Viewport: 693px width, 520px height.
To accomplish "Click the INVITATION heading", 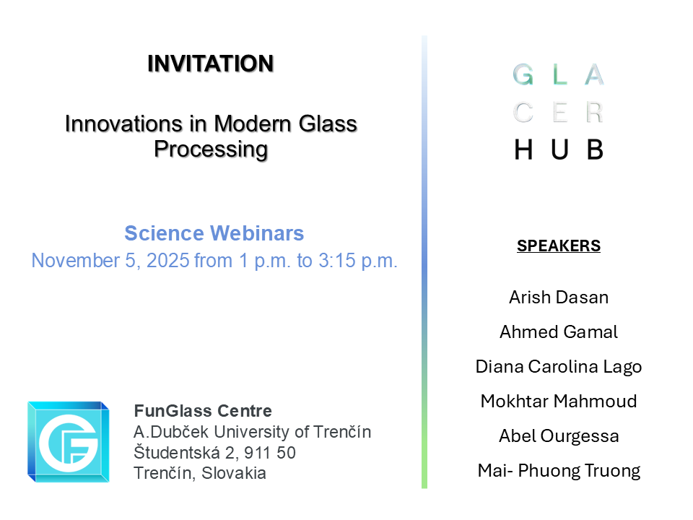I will [x=211, y=64].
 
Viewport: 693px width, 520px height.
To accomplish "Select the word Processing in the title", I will [x=211, y=149].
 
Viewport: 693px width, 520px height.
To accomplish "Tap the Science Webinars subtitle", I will [x=214, y=234].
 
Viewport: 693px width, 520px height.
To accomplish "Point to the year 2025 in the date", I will [x=168, y=261].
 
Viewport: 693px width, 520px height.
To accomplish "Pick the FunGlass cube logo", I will [x=69, y=441].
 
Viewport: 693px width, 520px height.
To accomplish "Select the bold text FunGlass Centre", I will [x=203, y=412].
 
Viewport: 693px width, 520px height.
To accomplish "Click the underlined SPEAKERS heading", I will [x=559, y=246].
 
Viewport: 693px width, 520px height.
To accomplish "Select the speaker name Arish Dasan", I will [x=559, y=298].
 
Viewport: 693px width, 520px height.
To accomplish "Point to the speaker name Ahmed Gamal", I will [x=559, y=332].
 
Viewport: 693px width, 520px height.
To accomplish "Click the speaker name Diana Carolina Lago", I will [x=559, y=367].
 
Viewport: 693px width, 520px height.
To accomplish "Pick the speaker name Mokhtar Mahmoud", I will [x=559, y=402].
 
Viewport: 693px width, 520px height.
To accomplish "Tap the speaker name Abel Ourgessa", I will [x=559, y=436].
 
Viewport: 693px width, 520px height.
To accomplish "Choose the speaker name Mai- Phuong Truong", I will [x=559, y=471].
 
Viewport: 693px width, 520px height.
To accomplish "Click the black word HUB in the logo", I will [x=558, y=149].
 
